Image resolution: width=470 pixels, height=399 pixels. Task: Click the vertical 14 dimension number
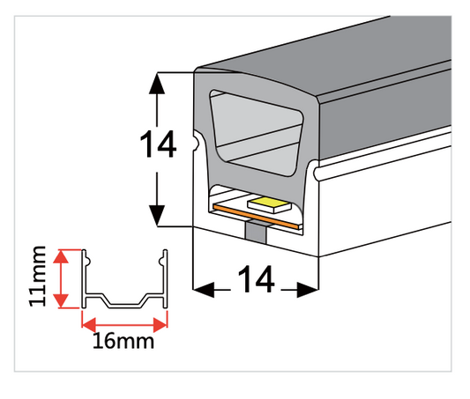(x=158, y=144)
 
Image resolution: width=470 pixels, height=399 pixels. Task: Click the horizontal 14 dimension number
(x=256, y=279)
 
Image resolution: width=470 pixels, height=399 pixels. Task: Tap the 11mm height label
(x=37, y=277)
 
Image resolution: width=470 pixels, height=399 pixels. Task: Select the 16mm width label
(x=123, y=341)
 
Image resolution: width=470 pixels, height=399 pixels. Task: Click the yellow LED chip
(x=269, y=205)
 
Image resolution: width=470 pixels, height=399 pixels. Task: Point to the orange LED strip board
(x=257, y=216)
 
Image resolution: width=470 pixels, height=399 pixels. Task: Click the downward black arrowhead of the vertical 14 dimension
(x=157, y=216)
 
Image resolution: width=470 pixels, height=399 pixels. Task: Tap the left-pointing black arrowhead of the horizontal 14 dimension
(x=204, y=290)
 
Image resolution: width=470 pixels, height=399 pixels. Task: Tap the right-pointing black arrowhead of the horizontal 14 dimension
(x=308, y=290)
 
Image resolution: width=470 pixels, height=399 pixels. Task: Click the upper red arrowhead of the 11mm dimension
(x=61, y=256)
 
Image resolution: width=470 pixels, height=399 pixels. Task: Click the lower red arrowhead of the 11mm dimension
(x=61, y=300)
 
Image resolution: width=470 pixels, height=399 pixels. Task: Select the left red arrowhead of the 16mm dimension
(x=89, y=325)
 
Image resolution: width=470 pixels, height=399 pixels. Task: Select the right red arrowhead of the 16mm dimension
(x=160, y=325)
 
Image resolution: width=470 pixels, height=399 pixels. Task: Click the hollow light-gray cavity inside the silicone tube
(x=257, y=132)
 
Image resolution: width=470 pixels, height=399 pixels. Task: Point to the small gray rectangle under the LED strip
(x=256, y=232)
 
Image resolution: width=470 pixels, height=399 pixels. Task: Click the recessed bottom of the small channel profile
(x=124, y=306)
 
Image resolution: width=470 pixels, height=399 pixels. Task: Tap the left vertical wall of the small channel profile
(x=84, y=278)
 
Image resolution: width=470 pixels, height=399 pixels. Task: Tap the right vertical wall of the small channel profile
(x=165, y=278)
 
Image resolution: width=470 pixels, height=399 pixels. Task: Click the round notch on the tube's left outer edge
(x=196, y=142)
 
